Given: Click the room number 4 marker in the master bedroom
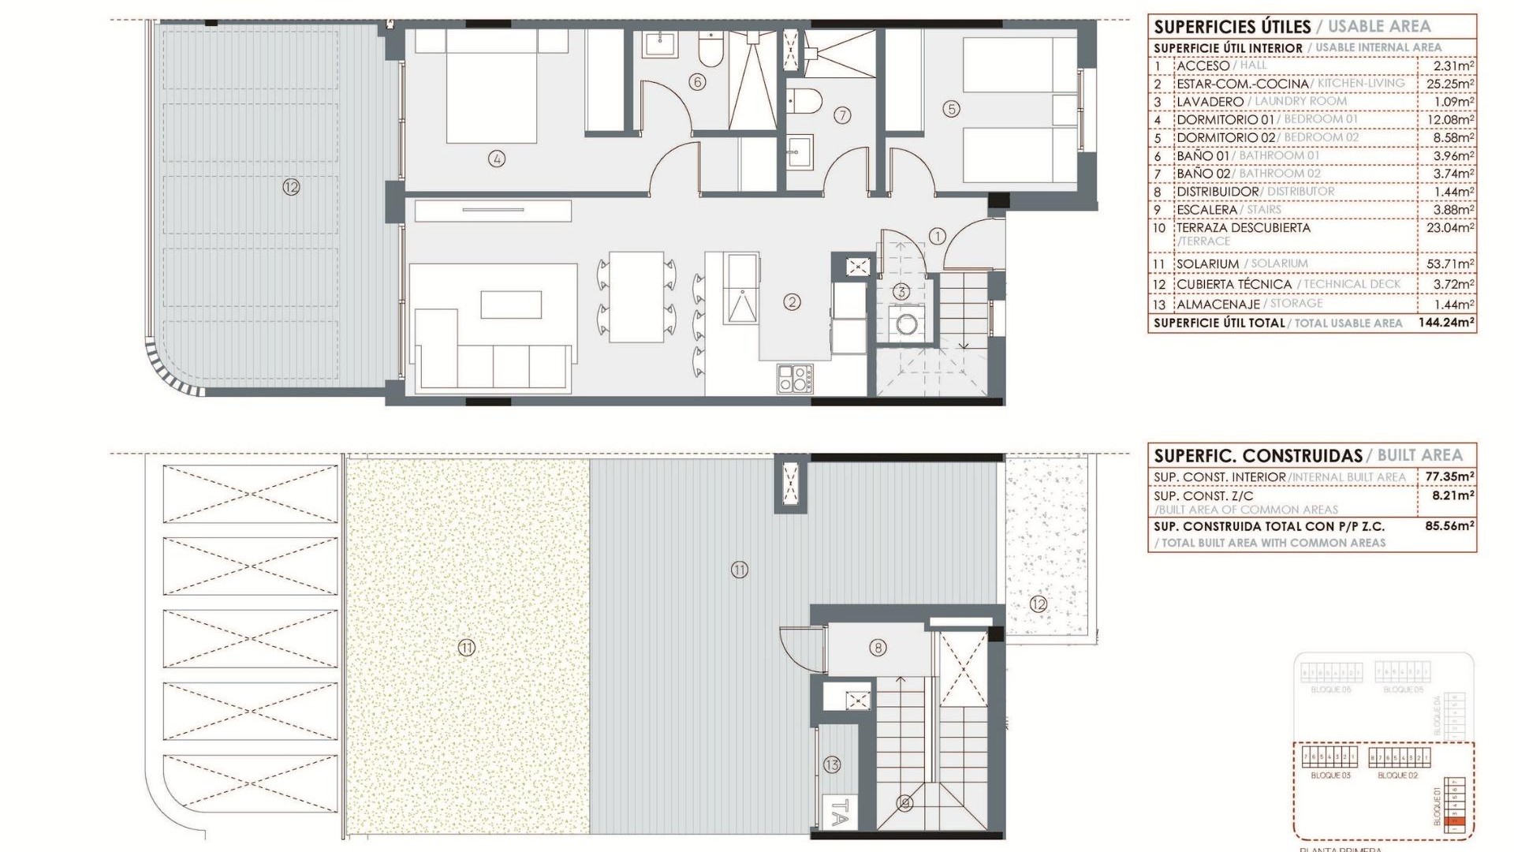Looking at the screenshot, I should pos(497,159).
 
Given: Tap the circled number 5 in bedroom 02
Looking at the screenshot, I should pos(952,109).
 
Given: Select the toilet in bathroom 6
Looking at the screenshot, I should pos(710,54).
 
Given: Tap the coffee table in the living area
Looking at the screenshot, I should pos(511,305).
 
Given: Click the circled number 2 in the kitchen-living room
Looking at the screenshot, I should pos(792,301).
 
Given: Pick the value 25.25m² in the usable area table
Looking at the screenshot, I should pos(1450,84).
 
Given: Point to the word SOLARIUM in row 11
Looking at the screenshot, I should pos(1208,264).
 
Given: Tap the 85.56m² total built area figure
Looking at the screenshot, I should pos(1449,526).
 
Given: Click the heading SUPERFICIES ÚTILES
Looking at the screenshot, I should pos(1232,27).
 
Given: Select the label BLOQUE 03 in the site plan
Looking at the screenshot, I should pos(1330,775).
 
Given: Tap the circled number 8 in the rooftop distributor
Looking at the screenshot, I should pos(878,648).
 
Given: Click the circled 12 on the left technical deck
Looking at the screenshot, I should pos(291,188).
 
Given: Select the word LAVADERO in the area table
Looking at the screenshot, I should pos(1210,102).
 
